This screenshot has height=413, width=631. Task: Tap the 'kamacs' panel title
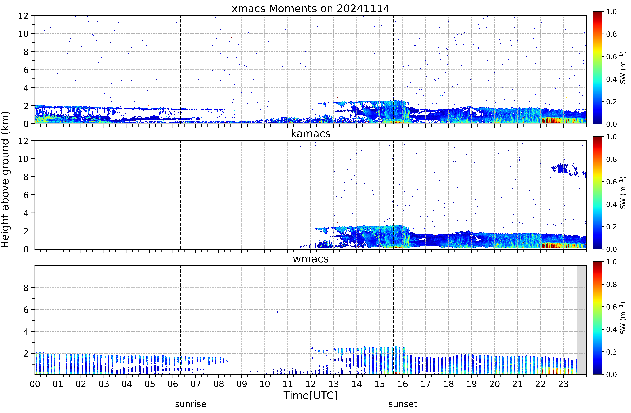[310, 134]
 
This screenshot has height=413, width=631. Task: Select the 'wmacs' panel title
[310, 259]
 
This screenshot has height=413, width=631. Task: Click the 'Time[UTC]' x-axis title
[310, 396]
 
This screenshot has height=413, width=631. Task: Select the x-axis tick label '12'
[310, 384]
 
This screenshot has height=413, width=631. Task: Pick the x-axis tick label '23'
[563, 384]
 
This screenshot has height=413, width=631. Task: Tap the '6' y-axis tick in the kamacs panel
[26, 195]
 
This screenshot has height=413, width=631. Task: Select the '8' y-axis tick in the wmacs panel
[26, 288]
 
